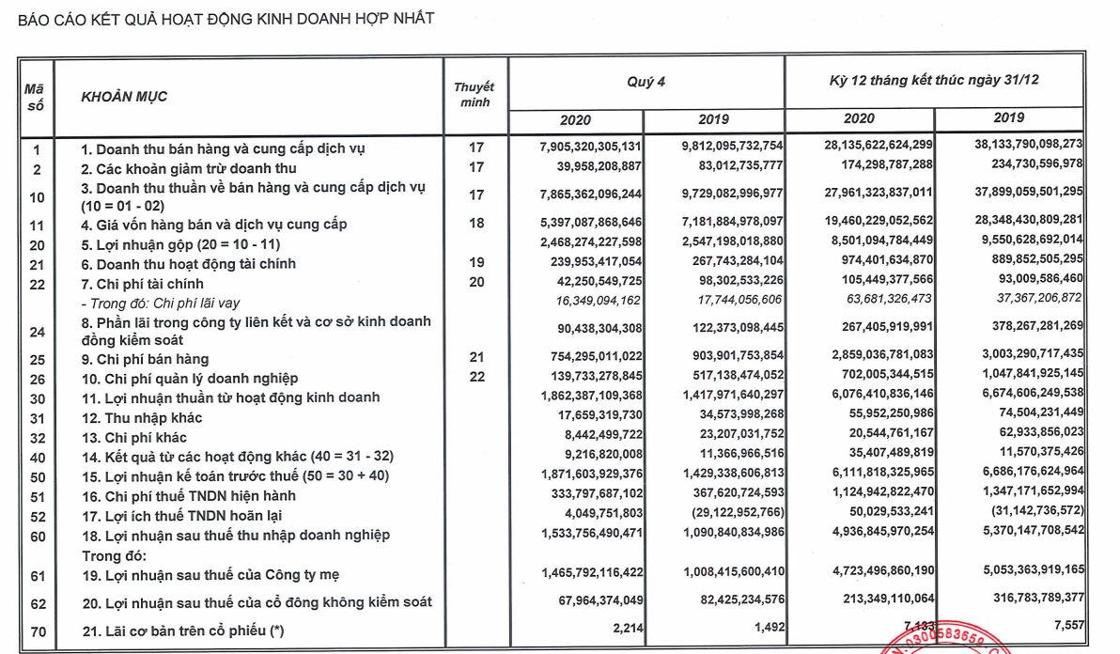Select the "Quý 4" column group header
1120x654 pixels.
(x=646, y=83)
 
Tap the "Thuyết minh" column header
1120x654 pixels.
(x=474, y=94)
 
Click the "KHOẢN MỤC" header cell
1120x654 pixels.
(x=125, y=96)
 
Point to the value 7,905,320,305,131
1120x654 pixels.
(x=578, y=148)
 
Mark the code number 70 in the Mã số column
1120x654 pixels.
(x=36, y=631)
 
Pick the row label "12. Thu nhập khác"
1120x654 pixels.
(x=141, y=417)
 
